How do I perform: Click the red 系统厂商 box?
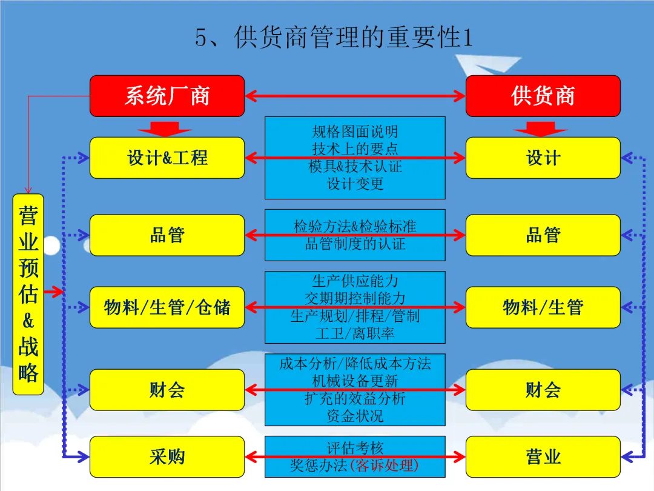tap(167, 96)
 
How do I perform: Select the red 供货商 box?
tap(543, 96)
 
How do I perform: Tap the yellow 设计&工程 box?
tap(167, 158)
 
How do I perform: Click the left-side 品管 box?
tap(167, 235)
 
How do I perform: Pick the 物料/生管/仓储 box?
tap(167, 307)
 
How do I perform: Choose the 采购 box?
tap(167, 456)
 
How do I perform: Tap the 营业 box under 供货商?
tap(543, 456)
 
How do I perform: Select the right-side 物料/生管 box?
tap(543, 307)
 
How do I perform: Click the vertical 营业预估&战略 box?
tap(28, 294)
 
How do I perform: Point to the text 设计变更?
tap(355, 184)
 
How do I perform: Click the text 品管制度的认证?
tap(355, 244)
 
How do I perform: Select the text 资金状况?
tap(355, 416)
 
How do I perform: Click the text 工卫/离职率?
tap(355, 333)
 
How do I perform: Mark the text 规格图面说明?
tap(355, 132)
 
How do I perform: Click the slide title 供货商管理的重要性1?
tap(333, 38)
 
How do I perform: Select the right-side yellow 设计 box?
tap(543, 158)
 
